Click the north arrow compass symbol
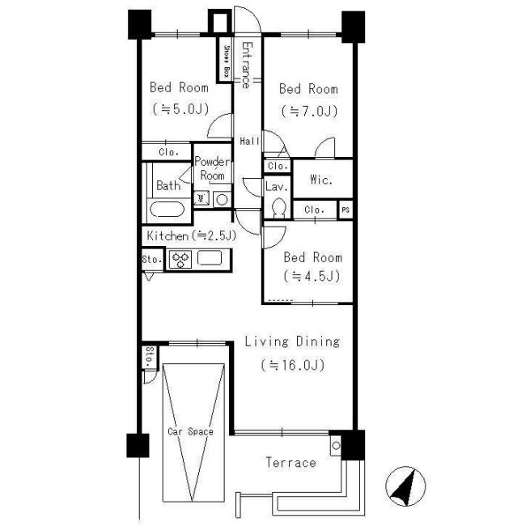[405, 485]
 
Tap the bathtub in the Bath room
[167, 210]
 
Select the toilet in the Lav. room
[279, 208]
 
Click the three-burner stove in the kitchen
[180, 259]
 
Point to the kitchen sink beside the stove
[210, 257]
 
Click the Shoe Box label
[227, 61]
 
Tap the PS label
[346, 210]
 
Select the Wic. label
[320, 180]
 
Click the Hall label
[249, 141]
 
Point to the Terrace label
[290, 462]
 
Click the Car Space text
[191, 431]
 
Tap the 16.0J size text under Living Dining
[293, 365]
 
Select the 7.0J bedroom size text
[309, 111]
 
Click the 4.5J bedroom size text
[312, 276]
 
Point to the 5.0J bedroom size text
[180, 109]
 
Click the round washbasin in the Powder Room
[222, 200]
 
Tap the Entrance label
[247, 65]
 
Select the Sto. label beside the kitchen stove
[152, 259]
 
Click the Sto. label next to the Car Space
[150, 358]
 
